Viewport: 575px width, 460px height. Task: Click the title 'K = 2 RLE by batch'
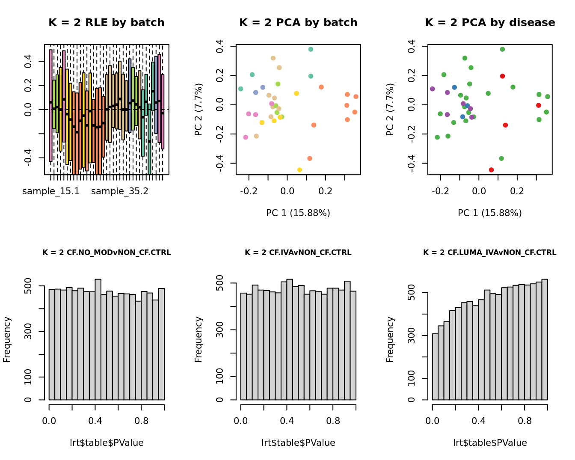[106, 23]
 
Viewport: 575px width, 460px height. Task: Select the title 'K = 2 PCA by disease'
[490, 23]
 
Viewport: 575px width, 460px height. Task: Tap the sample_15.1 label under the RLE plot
[51, 191]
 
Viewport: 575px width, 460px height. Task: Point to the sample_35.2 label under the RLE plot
[120, 191]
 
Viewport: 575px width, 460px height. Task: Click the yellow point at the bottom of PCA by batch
[299, 170]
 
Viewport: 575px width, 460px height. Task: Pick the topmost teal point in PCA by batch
[311, 49]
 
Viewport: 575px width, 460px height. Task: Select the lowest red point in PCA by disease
[491, 170]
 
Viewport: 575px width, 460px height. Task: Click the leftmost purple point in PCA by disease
[433, 89]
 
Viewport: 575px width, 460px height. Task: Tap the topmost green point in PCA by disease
[502, 49]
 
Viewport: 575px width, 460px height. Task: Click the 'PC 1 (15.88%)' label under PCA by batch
[298, 213]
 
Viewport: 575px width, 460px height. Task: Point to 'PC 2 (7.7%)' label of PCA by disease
[390, 110]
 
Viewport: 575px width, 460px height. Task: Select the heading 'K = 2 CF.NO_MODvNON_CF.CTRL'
[107, 253]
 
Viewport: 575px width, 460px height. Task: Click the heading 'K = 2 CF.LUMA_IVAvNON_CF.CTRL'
[490, 253]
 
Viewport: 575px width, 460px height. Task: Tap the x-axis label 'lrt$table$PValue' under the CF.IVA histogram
[298, 443]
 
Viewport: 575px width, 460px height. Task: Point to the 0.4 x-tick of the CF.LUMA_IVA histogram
[479, 421]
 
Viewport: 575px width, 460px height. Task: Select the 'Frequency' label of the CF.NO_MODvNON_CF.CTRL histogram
[7, 339]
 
